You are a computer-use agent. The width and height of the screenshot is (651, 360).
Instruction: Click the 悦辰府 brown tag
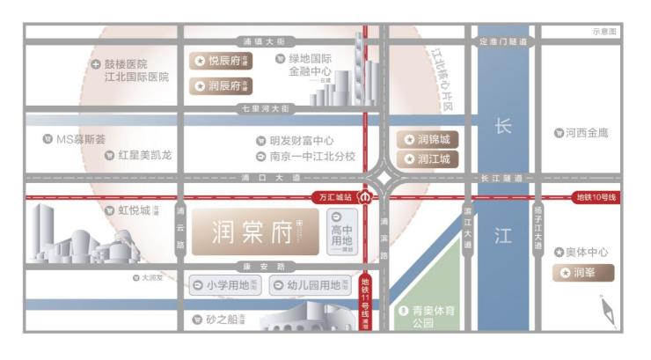pyautogui.click(x=221, y=61)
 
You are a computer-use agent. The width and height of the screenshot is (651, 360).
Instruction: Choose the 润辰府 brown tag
pyautogui.click(x=221, y=86)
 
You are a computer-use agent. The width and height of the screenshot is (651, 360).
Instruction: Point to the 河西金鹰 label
pyautogui.click(x=582, y=133)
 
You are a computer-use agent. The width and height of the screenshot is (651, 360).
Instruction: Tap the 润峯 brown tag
pyautogui.click(x=583, y=273)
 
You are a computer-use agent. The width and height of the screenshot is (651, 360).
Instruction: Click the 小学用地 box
pyautogui.click(x=225, y=285)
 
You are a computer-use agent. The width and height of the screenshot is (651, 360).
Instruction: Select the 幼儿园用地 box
pyautogui.click(x=311, y=285)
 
